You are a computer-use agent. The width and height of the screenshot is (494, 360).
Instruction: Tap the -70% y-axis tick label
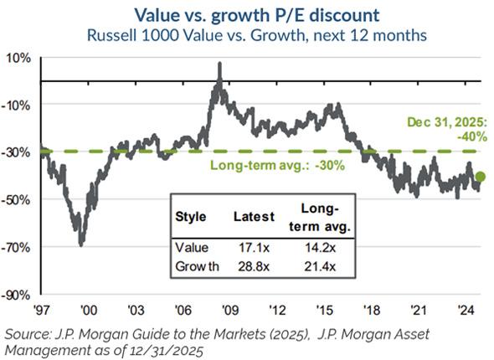pos(18,247)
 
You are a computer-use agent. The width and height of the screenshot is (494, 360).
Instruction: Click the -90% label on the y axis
pos(18,295)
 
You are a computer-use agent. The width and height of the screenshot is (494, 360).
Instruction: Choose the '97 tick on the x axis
pos(47,307)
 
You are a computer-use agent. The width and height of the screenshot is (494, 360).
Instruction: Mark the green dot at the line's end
pos(480,177)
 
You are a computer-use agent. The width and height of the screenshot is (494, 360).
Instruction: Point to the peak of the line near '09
pos(219,64)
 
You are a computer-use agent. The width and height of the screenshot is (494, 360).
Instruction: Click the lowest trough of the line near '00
pos(81,244)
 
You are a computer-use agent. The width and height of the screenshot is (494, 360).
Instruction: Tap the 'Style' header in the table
pos(191,216)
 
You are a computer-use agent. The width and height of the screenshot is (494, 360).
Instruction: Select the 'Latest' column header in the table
pos(253,216)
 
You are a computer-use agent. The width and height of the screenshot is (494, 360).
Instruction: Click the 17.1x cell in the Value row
pos(253,248)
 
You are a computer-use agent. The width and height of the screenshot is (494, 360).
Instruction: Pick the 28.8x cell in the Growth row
pos(253,267)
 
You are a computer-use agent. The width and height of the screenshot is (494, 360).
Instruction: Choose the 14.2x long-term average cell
pos(316,248)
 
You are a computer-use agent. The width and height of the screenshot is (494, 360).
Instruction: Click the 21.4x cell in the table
pos(316,267)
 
